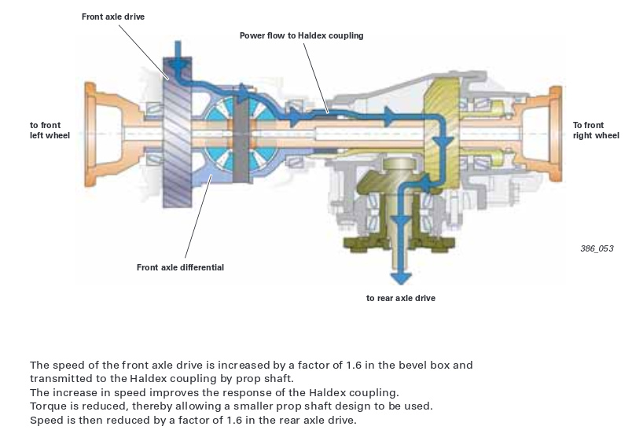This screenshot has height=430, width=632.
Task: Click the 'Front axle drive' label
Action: point(113,17)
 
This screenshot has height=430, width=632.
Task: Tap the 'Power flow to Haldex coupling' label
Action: point(302,35)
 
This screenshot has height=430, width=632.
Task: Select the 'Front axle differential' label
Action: point(180,267)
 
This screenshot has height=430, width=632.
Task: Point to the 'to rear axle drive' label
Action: point(401,298)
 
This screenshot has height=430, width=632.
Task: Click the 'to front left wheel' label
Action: point(50,130)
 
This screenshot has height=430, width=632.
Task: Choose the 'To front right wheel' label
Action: point(596,130)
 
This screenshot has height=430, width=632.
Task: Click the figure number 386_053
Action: point(597,248)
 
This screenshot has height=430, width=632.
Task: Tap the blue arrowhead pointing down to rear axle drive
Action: point(401,278)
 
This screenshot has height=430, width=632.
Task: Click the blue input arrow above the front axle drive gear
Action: point(178,57)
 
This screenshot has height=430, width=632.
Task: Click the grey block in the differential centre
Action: point(241,140)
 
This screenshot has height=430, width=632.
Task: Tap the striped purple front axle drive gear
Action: point(178,133)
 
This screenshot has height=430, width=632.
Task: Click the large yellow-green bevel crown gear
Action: point(441,133)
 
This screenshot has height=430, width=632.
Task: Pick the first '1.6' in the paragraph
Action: point(354,365)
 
